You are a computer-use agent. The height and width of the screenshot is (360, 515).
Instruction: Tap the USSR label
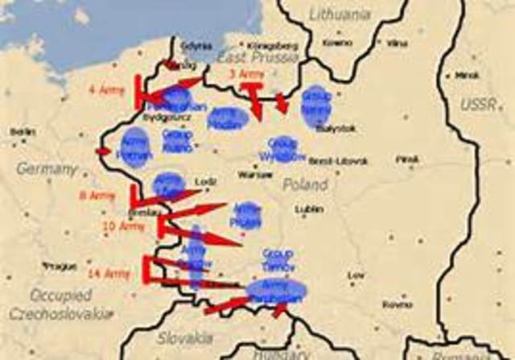click(x=478, y=106)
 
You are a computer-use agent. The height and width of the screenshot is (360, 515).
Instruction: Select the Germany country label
click(x=47, y=170)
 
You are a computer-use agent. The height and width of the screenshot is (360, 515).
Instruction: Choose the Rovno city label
click(x=398, y=304)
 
